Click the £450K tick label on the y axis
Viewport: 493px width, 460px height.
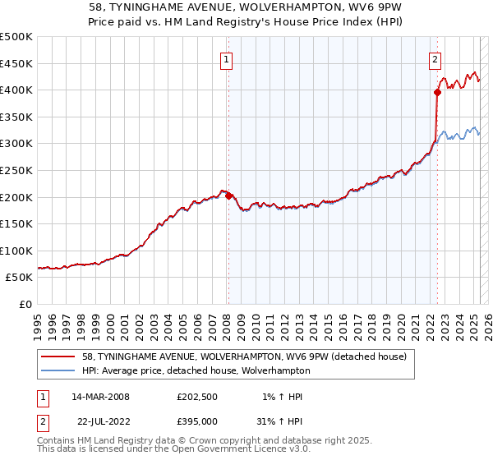coord(16,63)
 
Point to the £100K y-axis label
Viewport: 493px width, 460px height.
coord(16,251)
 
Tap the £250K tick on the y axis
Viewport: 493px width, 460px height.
coord(16,170)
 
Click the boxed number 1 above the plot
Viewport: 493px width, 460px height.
coord(225,58)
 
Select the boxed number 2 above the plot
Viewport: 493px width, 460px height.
coord(434,58)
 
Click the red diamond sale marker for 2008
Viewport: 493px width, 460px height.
coord(228,195)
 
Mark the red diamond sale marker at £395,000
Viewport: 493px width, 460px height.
coord(437,93)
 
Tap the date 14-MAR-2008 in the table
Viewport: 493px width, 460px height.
coord(100,397)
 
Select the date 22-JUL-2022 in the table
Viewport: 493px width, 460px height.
coord(100,421)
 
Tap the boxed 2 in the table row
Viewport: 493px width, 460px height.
coord(44,421)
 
